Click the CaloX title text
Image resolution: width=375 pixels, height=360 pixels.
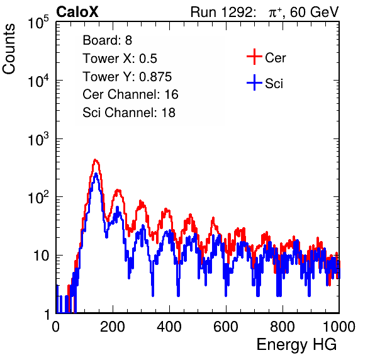77,12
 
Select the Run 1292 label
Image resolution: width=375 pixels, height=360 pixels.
221,12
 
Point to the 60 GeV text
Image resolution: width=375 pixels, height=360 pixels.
315,12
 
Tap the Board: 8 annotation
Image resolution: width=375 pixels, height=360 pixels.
107,40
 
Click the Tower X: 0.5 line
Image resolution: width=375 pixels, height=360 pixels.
120,59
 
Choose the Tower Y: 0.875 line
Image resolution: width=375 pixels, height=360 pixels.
127,77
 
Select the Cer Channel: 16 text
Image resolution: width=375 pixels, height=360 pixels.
130,94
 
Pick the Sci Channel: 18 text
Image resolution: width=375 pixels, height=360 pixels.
129,113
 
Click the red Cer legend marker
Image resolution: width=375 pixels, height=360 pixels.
254,57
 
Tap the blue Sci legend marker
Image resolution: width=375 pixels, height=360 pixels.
254,83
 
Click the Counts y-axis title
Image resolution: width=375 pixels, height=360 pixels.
9,49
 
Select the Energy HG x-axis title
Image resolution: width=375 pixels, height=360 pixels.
296,345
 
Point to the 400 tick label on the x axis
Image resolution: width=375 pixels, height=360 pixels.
169,327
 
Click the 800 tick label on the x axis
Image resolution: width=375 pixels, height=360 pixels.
283,327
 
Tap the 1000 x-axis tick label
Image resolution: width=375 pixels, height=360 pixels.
339,327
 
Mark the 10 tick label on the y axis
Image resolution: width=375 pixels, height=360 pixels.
41,256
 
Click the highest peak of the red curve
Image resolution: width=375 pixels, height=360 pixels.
95,160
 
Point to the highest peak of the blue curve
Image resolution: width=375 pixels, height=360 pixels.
96,174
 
